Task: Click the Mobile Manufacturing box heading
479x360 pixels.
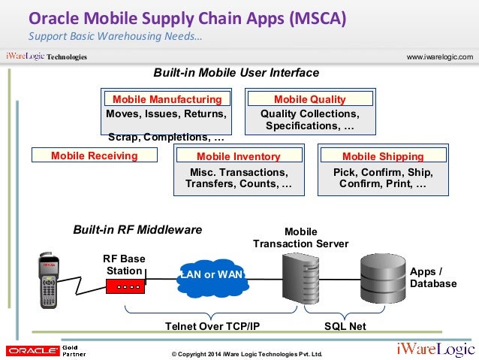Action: [167, 99]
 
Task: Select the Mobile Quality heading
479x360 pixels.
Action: [309, 99]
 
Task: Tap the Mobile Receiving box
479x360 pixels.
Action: [95, 156]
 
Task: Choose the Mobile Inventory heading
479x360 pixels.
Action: [238, 156]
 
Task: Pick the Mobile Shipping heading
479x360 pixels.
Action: [383, 156]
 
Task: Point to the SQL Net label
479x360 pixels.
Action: [345, 326]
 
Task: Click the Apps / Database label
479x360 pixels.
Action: [432, 277]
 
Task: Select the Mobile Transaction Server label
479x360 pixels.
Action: [300, 237]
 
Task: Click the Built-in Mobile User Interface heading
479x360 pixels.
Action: [236, 73]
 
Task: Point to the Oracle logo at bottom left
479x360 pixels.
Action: [31, 349]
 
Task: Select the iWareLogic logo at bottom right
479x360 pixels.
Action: [435, 349]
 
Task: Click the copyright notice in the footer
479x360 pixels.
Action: [246, 353]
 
